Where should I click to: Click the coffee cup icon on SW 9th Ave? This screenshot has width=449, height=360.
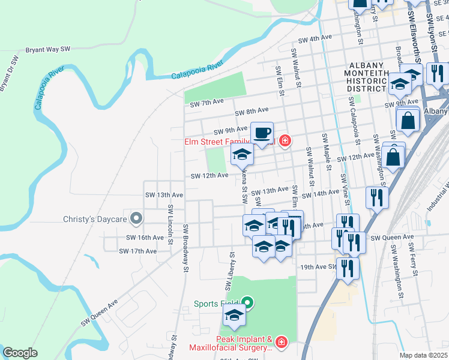pyautogui.click(x=262, y=133)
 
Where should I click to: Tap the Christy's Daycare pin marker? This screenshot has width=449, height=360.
pyautogui.click(x=137, y=219)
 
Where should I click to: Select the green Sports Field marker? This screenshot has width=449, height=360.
pyautogui.click(x=247, y=304)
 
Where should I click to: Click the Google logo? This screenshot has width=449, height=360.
pyautogui.click(x=20, y=353)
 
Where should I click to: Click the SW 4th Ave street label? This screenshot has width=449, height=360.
pyautogui.click(x=315, y=38)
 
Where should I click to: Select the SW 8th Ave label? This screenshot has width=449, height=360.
pyautogui.click(x=251, y=112)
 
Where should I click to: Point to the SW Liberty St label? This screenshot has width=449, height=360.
pyautogui.click(x=231, y=264)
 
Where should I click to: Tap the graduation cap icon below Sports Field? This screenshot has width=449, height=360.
pyautogui.click(x=234, y=316)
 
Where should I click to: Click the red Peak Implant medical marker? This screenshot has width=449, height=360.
pyautogui.click(x=282, y=343)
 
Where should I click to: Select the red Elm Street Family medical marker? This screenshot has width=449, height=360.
pyautogui.click(x=285, y=142)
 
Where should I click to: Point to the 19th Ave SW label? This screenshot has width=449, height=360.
pyautogui.click(x=316, y=266)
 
